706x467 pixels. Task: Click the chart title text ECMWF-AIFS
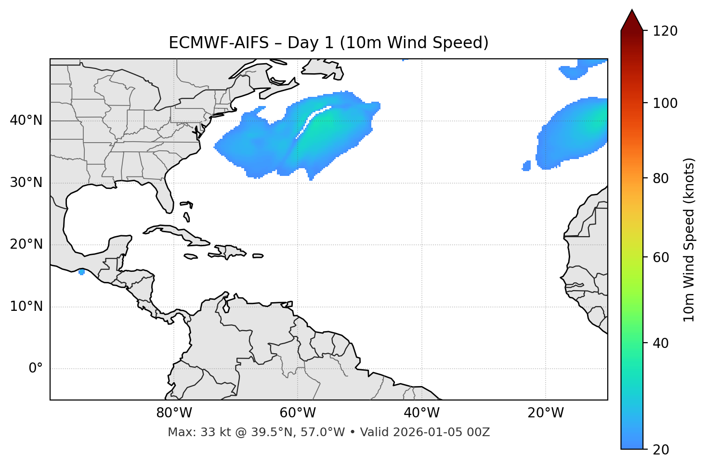point(218,43)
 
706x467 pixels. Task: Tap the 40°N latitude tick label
point(26,120)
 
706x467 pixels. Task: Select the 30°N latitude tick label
point(26,183)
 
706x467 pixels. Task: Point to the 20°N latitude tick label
point(26,244)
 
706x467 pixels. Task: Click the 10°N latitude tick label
point(26,307)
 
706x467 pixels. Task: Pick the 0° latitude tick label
point(36,369)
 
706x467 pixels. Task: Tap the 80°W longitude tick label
point(174,413)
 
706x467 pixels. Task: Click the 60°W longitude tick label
point(298,413)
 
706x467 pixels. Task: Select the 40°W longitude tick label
point(421,413)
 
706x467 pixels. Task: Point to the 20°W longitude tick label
point(545,413)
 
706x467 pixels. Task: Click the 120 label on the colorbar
point(665,31)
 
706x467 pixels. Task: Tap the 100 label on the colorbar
point(665,103)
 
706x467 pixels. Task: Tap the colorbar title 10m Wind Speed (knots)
point(689,240)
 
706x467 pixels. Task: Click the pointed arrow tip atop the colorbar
point(632,12)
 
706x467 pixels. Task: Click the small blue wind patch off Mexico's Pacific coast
point(81,272)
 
